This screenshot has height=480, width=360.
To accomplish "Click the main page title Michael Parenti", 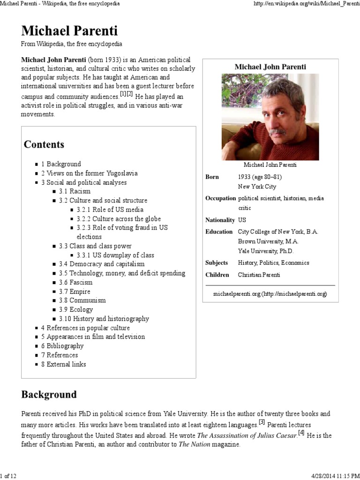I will pos(69,31).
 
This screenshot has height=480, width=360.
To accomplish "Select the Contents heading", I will pos(44,144).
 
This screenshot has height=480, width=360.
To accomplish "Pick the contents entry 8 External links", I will pos(63,364).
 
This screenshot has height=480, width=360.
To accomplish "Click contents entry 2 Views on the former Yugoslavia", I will pos(89,173).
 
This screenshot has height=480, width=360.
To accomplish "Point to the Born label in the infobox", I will pos(212,177).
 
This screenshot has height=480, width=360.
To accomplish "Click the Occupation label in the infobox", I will pos(219,198).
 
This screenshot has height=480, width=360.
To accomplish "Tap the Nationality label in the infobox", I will pos(219,220).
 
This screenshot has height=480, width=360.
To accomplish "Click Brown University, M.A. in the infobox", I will pos(268,241).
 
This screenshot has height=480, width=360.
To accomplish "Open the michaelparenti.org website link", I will pos(270,293).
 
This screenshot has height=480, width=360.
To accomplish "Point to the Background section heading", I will pos(49,395).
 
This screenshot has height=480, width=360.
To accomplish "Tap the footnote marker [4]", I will pos(301,433).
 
